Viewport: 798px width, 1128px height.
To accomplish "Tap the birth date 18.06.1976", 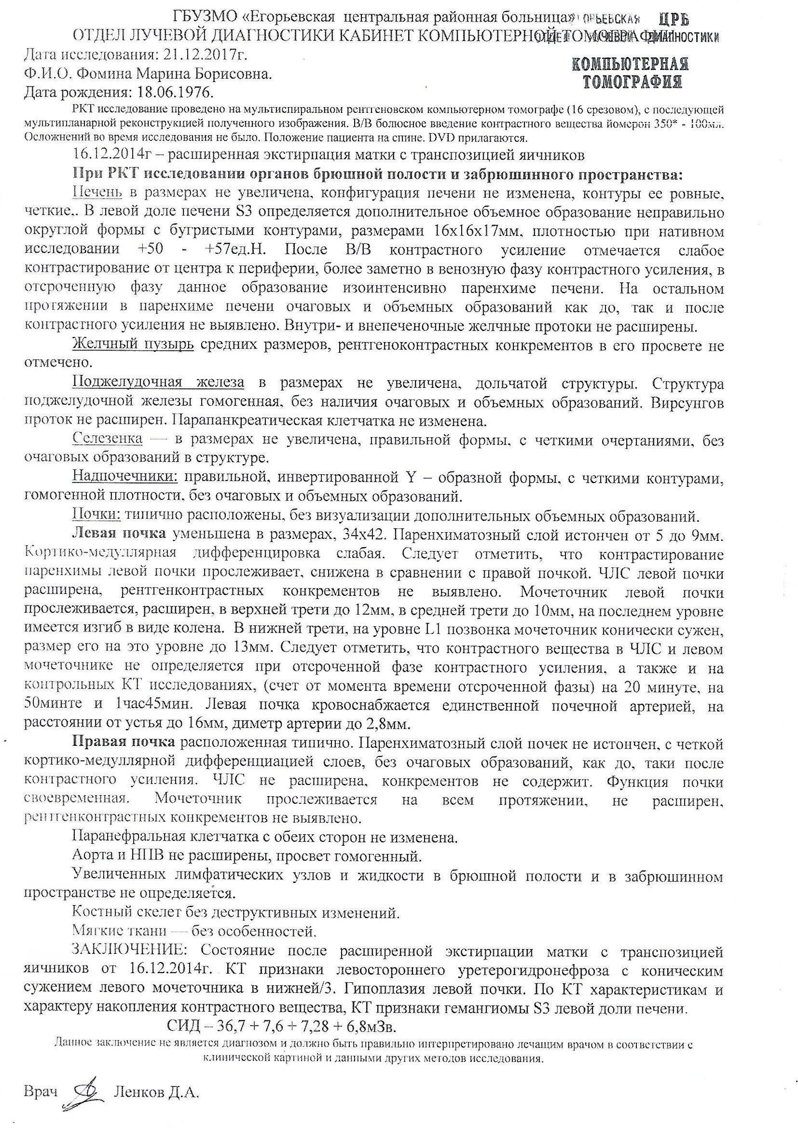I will pyautogui.click(x=171, y=92).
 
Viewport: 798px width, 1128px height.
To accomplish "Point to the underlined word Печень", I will pyautogui.click(x=97, y=192).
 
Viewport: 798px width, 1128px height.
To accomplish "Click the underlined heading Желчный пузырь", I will pyautogui.click(x=133, y=345).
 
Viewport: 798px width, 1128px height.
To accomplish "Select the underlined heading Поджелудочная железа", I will pyautogui.click(x=158, y=383).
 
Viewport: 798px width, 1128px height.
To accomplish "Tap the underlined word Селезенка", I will pyautogui.click(x=108, y=439).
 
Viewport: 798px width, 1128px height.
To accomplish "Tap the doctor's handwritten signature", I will pyautogui.click(x=84, y=1089).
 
